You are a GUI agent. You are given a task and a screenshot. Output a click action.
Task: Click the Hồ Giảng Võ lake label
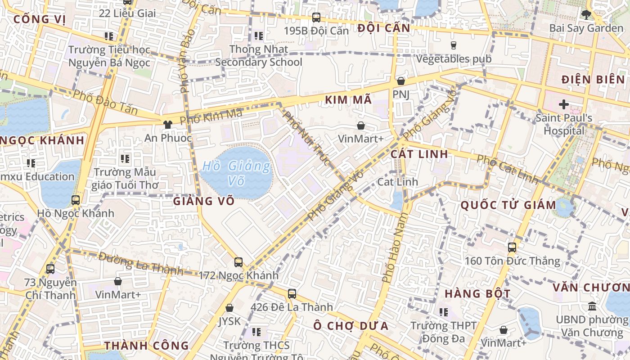pyautogui.click(x=236, y=173)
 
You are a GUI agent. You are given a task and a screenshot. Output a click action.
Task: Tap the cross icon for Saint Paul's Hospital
pyautogui.click(x=563, y=105)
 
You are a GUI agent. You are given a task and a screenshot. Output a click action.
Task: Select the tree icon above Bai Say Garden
pyautogui.click(x=586, y=15)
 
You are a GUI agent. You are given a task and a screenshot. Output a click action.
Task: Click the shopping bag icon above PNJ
pyautogui.click(x=400, y=81)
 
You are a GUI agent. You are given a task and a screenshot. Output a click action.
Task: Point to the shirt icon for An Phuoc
pyautogui.click(x=168, y=125)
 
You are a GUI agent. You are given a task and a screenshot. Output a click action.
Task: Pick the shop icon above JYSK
pyautogui.click(x=229, y=308)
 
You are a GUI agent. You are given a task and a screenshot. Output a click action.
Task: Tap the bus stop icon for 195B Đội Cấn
pyautogui.click(x=316, y=18)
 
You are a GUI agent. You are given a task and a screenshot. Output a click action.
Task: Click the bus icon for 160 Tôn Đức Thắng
pyautogui.click(x=512, y=247)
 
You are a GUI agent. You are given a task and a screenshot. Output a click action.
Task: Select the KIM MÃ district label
pyautogui.click(x=348, y=100)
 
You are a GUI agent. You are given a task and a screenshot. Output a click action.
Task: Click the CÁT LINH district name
pyautogui.click(x=419, y=154)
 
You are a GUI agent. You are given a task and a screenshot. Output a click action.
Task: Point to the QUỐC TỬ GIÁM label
pyautogui.click(x=508, y=205)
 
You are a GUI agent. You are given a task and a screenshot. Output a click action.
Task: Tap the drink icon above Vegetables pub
pyautogui.click(x=453, y=45)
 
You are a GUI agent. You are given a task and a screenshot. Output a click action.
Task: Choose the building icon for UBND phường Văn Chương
pyautogui.click(x=592, y=306)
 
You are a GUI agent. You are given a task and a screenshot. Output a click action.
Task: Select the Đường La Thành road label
pyautogui.click(x=141, y=264)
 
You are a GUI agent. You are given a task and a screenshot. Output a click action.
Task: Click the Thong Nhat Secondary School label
pyautogui.click(x=259, y=55)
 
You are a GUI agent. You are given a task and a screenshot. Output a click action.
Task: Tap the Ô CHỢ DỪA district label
pyautogui.click(x=351, y=326)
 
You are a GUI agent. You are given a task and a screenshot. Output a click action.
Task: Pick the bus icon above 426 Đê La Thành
pyautogui.click(x=292, y=294)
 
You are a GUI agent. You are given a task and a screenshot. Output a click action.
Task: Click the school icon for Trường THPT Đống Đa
pyautogui.click(x=444, y=312)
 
